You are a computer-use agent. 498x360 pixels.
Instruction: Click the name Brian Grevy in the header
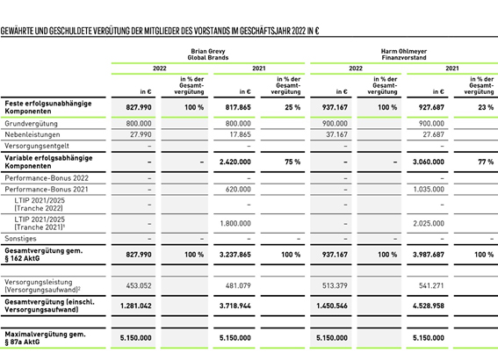[x=208, y=51]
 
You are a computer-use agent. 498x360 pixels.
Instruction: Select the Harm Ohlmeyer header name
[x=404, y=51]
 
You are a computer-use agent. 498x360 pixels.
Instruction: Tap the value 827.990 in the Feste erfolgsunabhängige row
[x=139, y=107]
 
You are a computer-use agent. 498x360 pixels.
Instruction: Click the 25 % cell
[x=292, y=107]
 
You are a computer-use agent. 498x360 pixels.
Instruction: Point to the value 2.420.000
[x=235, y=162]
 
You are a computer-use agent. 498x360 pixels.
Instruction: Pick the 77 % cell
[x=486, y=162]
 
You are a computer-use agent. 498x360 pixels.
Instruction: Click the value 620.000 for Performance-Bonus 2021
[x=238, y=189]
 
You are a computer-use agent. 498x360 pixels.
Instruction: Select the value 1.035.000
[x=429, y=189]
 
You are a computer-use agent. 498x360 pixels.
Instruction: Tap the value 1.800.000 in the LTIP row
[x=235, y=224]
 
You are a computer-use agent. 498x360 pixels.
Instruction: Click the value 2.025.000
[x=429, y=224]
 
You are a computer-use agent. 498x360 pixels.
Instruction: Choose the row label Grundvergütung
[x=31, y=124]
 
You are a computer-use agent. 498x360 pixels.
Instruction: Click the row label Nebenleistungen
[x=32, y=134]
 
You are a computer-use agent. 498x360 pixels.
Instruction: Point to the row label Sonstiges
[x=21, y=239]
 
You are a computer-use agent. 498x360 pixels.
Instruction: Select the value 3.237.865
[x=235, y=255]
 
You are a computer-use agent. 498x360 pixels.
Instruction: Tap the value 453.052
[x=139, y=285]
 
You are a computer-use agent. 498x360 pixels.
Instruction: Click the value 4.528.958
[x=429, y=306]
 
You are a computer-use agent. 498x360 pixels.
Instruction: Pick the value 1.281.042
[x=136, y=306]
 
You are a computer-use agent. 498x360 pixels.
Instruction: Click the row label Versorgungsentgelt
[x=37, y=146]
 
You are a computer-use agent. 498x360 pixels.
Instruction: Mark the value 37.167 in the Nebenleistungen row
[x=337, y=134]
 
